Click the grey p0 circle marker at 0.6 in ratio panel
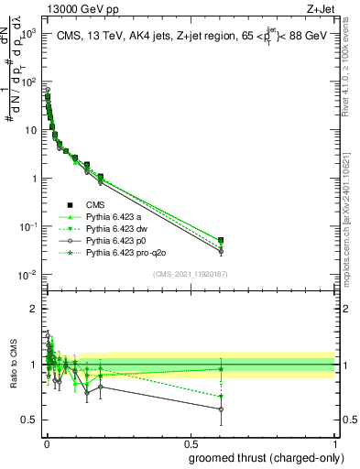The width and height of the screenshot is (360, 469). (220, 409)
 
